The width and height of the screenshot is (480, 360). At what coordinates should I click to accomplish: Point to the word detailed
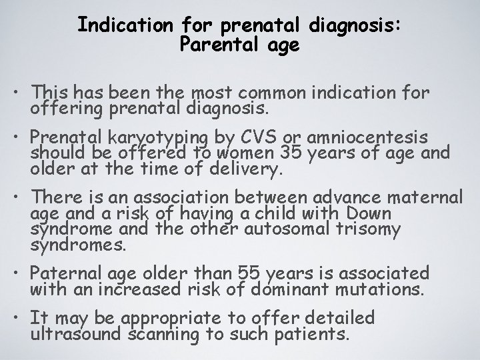(338, 318)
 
